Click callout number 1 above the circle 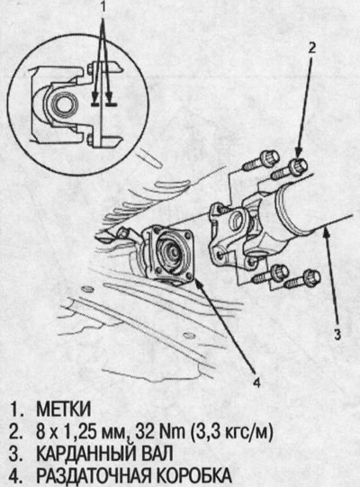click(x=103, y=7)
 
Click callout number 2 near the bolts click(x=312, y=48)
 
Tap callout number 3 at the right click(x=337, y=334)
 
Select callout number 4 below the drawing click(x=256, y=383)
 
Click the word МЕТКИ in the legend click(x=64, y=410)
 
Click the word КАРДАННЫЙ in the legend click(x=86, y=454)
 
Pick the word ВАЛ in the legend click(x=157, y=454)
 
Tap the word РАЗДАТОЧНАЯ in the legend click(x=94, y=475)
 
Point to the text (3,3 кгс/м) click(x=231, y=432)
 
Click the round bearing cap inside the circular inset click(x=63, y=104)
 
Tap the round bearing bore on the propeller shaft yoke click(x=238, y=221)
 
